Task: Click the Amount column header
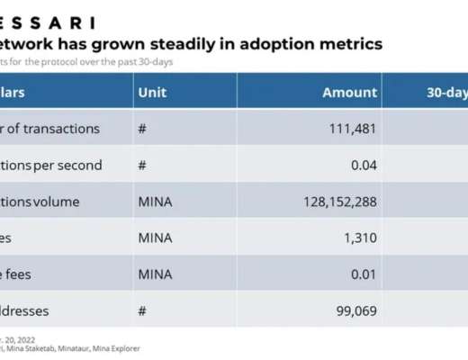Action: click(349, 93)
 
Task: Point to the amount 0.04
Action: click(362, 165)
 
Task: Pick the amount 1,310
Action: click(358, 238)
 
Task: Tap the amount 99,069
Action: click(352, 310)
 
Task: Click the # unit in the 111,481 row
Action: click(141, 129)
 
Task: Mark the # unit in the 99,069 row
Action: click(141, 310)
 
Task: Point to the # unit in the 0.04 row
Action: click(141, 165)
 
